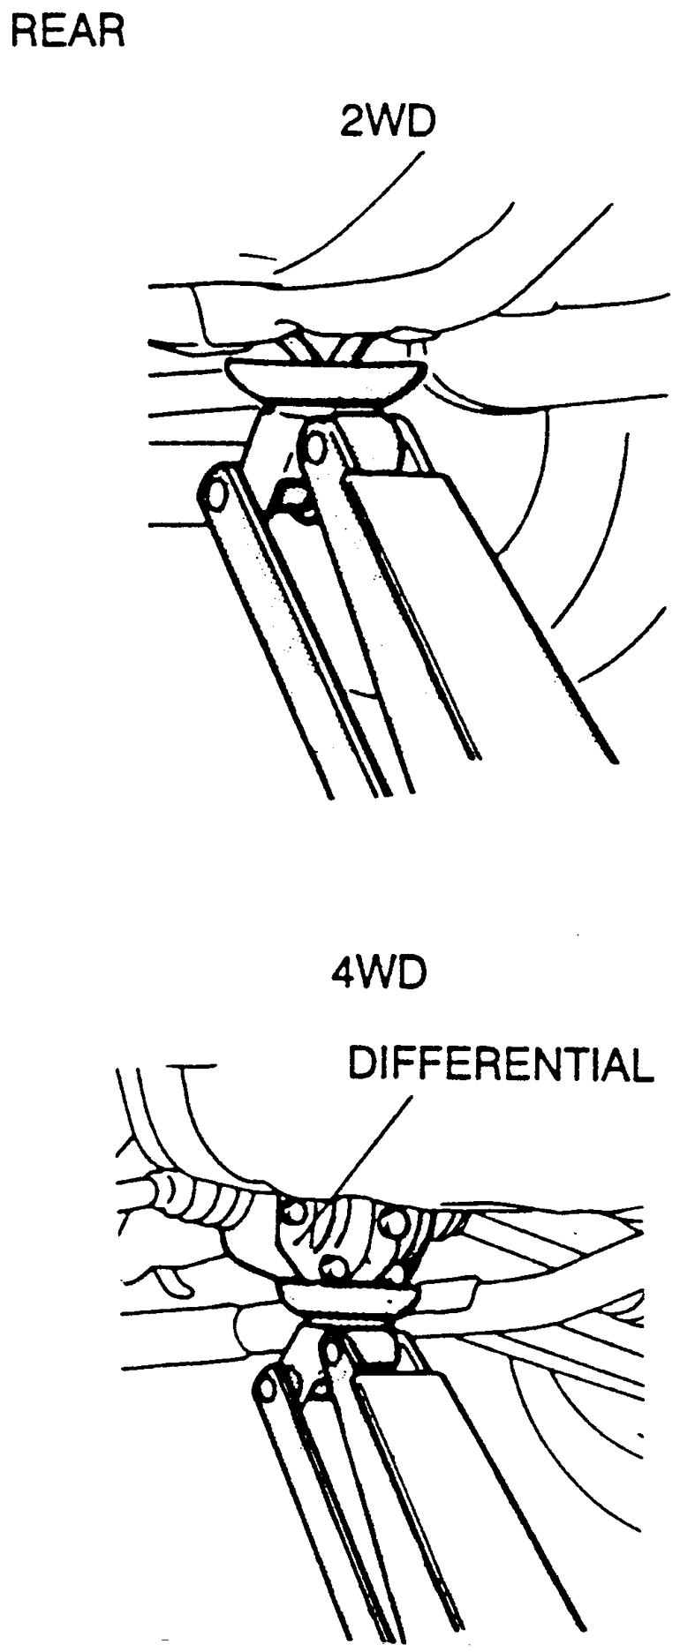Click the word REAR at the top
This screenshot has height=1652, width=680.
click(x=66, y=33)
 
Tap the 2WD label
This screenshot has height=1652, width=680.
click(x=388, y=121)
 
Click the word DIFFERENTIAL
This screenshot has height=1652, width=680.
click(x=500, y=1066)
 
